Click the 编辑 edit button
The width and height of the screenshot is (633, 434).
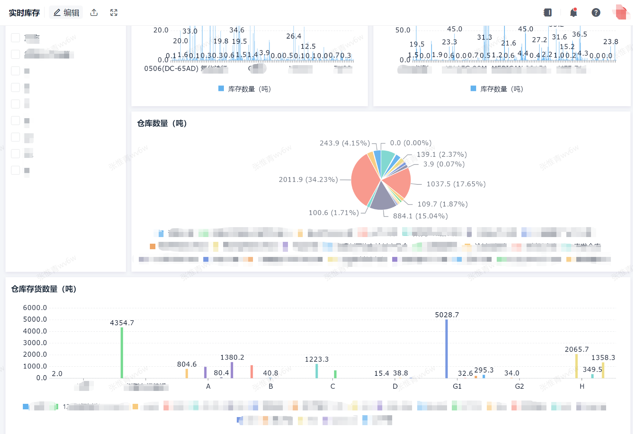click(x=66, y=13)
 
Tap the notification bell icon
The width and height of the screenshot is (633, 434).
click(x=573, y=13)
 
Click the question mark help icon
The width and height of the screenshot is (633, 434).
click(x=596, y=13)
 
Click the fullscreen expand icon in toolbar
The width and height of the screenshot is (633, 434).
click(x=114, y=13)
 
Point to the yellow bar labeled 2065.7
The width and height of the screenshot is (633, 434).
click(x=576, y=366)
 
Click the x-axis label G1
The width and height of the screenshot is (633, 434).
click(x=457, y=386)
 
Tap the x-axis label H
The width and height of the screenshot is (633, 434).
click(x=582, y=386)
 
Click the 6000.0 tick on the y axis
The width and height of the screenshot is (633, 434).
click(x=35, y=308)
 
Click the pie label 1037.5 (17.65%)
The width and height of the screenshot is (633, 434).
click(x=456, y=184)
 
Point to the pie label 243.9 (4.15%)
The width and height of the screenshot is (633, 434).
click(x=345, y=143)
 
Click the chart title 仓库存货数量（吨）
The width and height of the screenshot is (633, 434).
click(x=44, y=289)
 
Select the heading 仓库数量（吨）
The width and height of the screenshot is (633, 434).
click(x=162, y=123)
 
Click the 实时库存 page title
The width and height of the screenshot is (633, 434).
click(x=24, y=13)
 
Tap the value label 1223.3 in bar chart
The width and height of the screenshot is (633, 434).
click(x=317, y=359)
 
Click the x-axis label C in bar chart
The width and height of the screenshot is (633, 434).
click(x=333, y=386)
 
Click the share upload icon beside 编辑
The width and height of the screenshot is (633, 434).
click(x=94, y=13)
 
